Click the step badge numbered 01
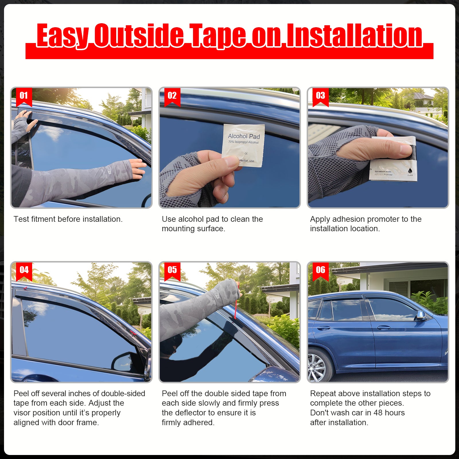click(24, 96)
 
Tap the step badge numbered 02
click(172, 96)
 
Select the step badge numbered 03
click(320, 96)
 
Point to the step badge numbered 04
click(24, 270)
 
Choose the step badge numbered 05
click(172, 270)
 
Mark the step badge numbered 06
click(320, 270)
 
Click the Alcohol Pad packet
click(243, 145)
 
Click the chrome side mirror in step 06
click(421, 315)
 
